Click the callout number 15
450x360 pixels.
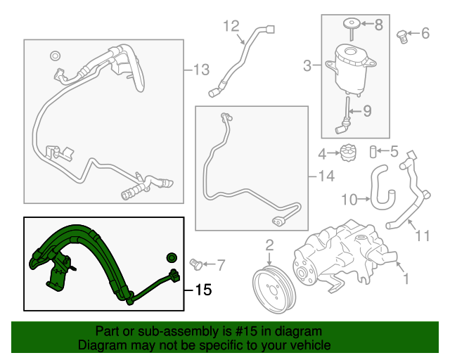tap(202, 289)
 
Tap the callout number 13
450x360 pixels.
tap(201, 70)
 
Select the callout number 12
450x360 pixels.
tap(231, 26)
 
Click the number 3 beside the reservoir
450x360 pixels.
tap(307, 67)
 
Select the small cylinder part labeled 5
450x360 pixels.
tap(375, 150)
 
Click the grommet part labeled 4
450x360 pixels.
tap(345, 151)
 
